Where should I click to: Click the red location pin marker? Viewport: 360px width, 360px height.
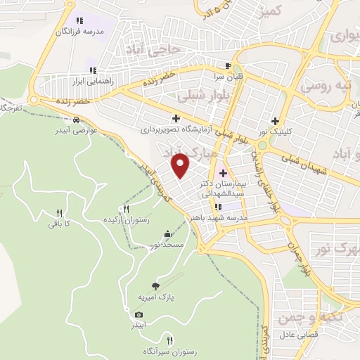(x=181, y=166)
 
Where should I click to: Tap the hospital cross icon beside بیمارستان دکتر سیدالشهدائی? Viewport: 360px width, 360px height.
(x=223, y=173)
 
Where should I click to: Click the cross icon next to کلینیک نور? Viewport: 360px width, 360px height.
(x=285, y=120)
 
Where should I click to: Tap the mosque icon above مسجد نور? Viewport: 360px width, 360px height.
(x=167, y=234)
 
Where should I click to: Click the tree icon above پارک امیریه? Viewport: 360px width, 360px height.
(x=155, y=286)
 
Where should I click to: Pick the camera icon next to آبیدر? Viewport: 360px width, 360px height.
(x=139, y=314)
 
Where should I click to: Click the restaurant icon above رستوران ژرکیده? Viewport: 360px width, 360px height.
(x=126, y=209)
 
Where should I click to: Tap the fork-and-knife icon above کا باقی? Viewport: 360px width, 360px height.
(x=60, y=213)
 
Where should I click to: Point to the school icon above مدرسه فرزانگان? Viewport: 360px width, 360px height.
(x=79, y=21)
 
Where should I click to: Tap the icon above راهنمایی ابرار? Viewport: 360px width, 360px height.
(x=92, y=70)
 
